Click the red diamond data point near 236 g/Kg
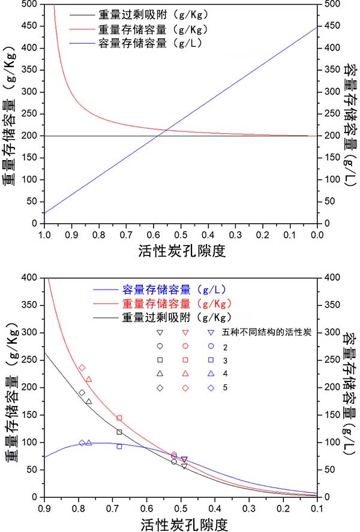pos(82,368)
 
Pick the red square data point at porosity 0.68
pos(119,418)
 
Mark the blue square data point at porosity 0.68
pos(119,446)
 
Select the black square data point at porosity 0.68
pos(119,432)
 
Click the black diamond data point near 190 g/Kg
pos(82,393)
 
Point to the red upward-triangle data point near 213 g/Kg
pos(89,379)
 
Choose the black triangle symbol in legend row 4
pos(160,374)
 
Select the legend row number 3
pos(225,360)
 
